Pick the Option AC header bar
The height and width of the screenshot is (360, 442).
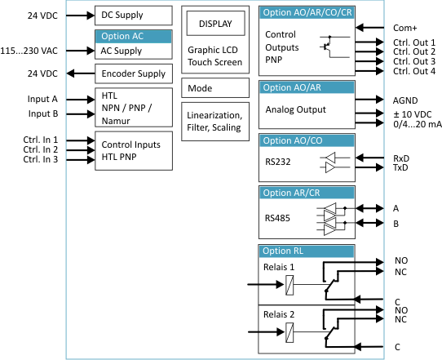click(x=134, y=37)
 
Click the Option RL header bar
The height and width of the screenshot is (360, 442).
click(x=307, y=251)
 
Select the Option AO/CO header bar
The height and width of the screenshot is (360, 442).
click(x=307, y=140)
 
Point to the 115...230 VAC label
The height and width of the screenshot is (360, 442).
click(x=29, y=51)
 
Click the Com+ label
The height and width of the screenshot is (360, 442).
click(x=404, y=28)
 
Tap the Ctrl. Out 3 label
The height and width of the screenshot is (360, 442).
click(x=414, y=61)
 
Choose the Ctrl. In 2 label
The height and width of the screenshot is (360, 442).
click(x=40, y=149)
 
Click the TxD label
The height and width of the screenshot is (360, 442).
click(x=400, y=167)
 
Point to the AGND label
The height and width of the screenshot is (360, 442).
click(x=405, y=100)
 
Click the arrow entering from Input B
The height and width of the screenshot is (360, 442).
click(x=81, y=114)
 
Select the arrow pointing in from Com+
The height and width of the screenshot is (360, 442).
click(x=369, y=28)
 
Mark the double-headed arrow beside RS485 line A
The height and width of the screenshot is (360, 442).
click(x=369, y=208)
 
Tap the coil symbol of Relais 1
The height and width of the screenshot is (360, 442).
click(x=290, y=285)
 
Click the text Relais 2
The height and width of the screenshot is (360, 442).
click(x=279, y=314)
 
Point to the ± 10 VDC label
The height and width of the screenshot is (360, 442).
click(x=412, y=114)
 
